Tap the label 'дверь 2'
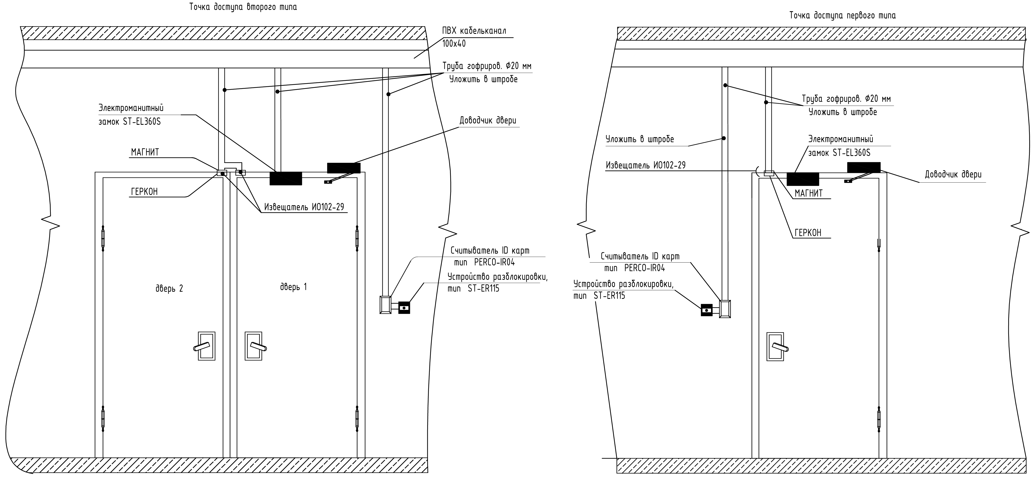coord(169,288)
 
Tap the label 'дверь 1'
coord(293,287)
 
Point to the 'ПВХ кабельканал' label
coord(474,30)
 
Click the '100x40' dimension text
coord(454,43)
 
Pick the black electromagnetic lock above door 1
coord(286,178)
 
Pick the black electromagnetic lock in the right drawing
coord(803,179)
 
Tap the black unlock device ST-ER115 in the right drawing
coord(707,310)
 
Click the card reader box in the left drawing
coord(385,305)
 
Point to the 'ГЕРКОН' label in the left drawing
coord(144,192)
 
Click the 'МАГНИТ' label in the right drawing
coord(809,193)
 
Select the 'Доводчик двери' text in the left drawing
coord(488,121)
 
